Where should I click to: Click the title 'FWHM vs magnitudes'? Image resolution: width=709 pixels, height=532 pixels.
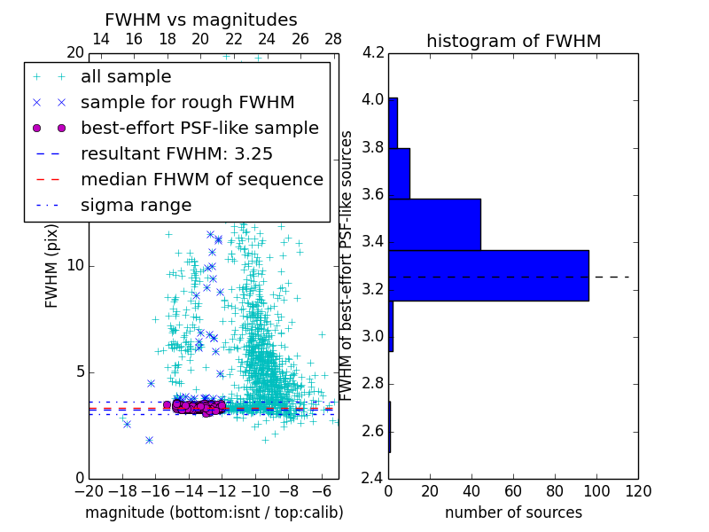[201, 20]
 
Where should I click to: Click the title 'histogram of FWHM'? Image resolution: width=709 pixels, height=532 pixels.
[513, 41]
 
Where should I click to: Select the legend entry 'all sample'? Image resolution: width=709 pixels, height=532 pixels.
[126, 77]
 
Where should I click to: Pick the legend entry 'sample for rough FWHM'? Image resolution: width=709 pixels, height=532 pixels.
[187, 102]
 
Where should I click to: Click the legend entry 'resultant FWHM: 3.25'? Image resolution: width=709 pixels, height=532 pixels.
[176, 153]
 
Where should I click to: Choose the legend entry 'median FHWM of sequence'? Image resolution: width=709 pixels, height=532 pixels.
[201, 179]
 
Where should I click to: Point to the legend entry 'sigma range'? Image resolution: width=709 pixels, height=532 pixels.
[136, 205]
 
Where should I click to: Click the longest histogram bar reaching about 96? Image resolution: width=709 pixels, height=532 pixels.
[488, 276]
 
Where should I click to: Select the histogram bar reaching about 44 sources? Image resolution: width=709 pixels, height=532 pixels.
[434, 224]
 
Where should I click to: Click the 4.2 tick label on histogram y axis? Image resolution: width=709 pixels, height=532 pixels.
[373, 52]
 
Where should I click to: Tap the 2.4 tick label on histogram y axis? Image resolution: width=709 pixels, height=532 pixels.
[373, 479]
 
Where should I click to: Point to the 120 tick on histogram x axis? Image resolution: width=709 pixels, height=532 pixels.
[638, 491]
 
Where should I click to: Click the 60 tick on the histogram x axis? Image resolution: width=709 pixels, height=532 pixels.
[513, 491]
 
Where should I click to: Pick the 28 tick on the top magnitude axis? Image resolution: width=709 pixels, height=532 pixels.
[333, 39]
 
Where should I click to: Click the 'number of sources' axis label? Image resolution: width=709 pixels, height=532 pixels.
[513, 512]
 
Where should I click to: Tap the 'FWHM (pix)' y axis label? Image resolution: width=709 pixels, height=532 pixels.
[52, 265]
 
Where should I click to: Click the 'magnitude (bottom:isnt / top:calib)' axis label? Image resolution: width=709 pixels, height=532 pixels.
[214, 512]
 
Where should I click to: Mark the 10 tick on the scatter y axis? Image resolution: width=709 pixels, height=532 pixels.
[75, 265]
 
